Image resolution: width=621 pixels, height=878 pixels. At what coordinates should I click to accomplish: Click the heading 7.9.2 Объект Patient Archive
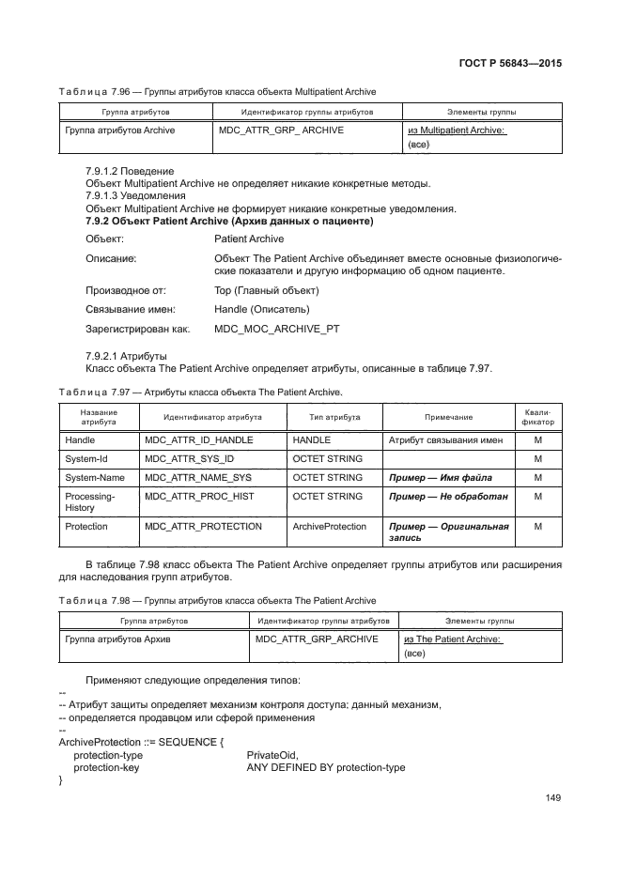(x=229, y=221)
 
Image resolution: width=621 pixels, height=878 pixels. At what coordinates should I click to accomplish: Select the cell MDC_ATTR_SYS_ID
(x=189, y=458)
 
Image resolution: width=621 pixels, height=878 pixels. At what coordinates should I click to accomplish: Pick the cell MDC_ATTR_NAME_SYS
(x=198, y=477)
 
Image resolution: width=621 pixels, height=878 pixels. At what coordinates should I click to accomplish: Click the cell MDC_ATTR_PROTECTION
(x=203, y=527)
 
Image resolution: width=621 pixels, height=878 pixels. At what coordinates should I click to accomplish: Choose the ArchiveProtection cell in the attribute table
(x=330, y=527)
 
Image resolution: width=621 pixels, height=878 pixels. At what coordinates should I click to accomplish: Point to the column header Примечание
(x=448, y=417)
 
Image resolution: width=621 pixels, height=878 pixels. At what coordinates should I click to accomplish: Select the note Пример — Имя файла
(x=440, y=477)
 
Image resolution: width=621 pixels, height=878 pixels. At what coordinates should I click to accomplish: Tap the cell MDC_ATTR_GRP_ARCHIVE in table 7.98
(x=317, y=639)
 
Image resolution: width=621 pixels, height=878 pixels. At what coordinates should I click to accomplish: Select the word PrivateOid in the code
(x=272, y=754)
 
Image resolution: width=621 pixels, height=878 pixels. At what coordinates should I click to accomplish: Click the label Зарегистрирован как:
(x=138, y=330)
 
